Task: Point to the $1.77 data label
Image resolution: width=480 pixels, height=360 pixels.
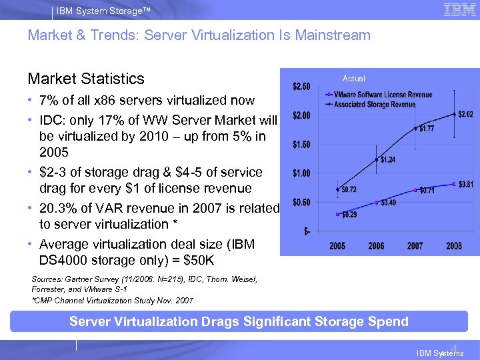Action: tap(427, 129)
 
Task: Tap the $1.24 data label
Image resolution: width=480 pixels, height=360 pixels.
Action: tap(387, 159)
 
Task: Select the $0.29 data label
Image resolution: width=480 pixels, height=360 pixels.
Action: tap(349, 214)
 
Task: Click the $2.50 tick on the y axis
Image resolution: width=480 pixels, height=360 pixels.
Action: tap(301, 87)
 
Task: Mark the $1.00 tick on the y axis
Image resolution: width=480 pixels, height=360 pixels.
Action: tap(301, 173)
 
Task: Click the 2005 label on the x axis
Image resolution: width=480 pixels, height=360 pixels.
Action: tap(337, 245)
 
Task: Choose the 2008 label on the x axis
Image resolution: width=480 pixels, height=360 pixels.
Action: tap(454, 245)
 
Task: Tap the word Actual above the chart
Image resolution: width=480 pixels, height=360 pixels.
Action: tap(353, 78)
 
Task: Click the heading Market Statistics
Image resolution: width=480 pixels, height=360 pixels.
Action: tap(86, 79)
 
